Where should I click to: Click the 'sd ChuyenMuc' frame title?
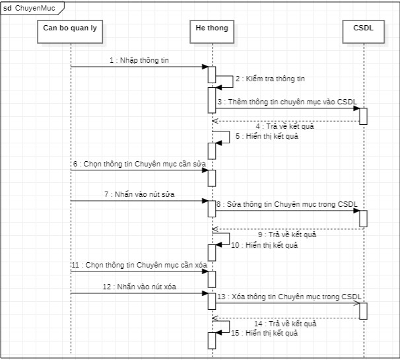pyautogui.click(x=32, y=8)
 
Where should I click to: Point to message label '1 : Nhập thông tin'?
pyautogui.click(x=139, y=61)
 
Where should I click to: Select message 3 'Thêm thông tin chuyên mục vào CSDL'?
pyautogui.click(x=291, y=102)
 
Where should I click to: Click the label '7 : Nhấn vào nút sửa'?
pyautogui.click(x=139, y=194)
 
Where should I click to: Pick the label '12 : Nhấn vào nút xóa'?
pyautogui.click(x=139, y=287)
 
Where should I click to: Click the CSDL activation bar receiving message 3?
pyautogui.click(x=363, y=116)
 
